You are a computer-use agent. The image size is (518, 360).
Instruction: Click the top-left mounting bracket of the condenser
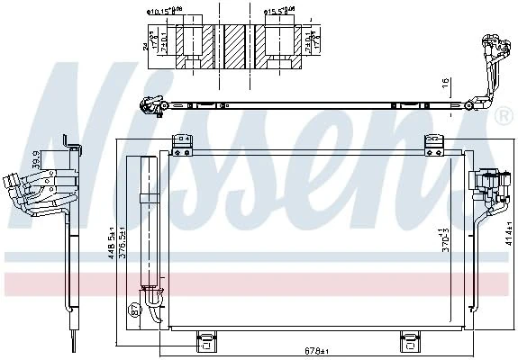pyautogui.click(x=183, y=141)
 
